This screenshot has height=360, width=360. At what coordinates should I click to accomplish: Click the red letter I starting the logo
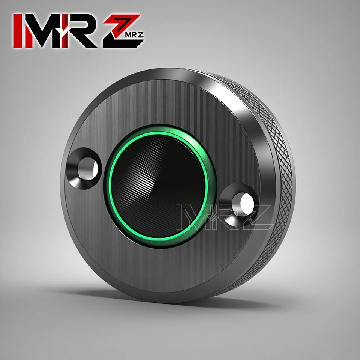[18, 31]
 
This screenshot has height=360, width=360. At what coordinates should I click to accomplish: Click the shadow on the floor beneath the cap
[180, 300]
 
